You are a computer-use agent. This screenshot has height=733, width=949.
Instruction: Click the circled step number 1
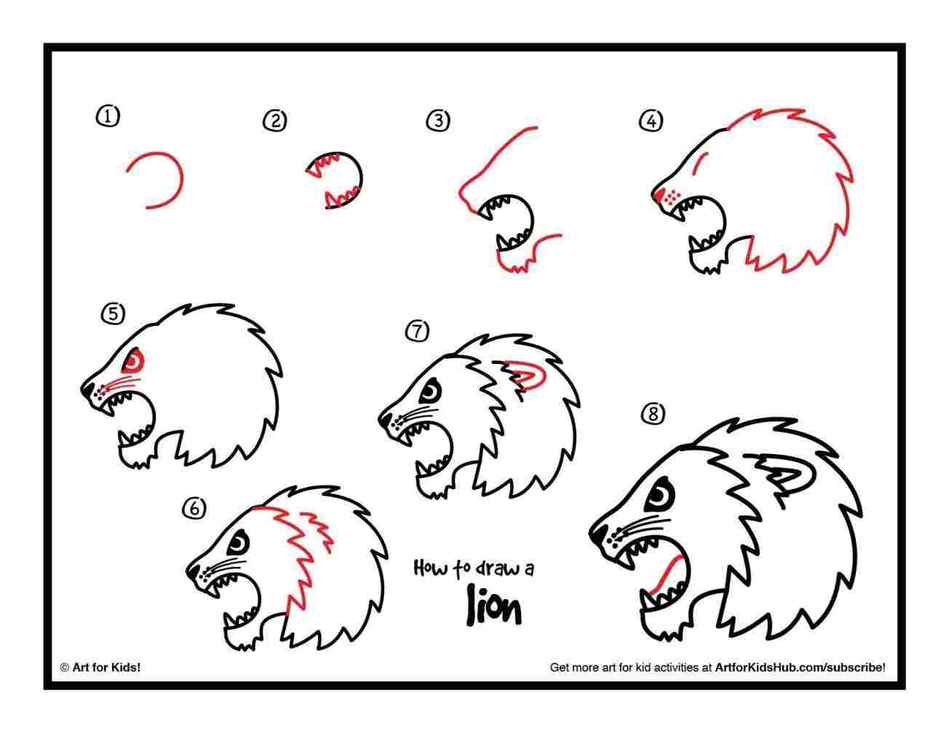[107, 115]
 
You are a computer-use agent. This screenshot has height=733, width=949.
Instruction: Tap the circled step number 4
[651, 121]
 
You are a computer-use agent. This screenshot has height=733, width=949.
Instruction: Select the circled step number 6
[194, 509]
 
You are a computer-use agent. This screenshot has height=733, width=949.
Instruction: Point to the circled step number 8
[653, 415]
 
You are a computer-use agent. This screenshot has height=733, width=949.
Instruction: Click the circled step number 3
[437, 121]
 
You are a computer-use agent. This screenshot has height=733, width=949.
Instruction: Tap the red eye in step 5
[135, 360]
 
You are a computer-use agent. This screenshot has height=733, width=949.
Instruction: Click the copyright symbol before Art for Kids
[64, 666]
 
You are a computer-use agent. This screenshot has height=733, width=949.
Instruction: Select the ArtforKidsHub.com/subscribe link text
[800, 666]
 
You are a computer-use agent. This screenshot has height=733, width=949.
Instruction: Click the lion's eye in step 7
[429, 392]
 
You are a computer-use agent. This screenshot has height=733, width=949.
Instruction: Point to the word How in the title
[429, 567]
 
